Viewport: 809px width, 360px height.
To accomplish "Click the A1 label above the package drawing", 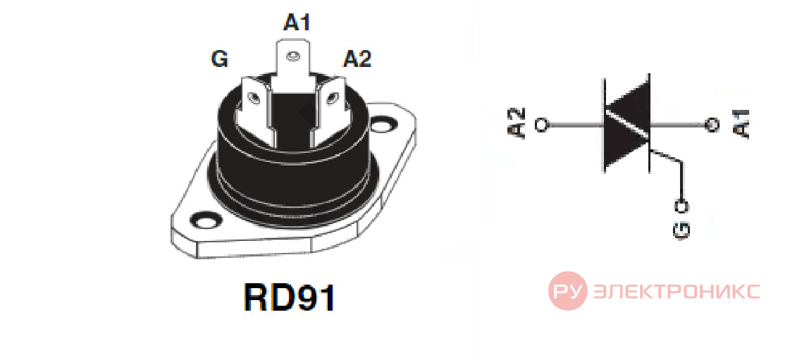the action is coord(296,22).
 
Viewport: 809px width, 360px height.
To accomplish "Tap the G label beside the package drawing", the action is coord(219,58).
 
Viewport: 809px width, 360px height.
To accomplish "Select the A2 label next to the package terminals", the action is coord(357,58).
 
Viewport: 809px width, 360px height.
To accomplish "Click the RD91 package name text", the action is coord(290,297).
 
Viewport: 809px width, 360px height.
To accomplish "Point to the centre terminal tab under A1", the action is coord(293,67).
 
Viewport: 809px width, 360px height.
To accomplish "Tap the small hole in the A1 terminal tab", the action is coord(293,55).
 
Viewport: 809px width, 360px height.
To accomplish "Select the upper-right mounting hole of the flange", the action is coord(383,125).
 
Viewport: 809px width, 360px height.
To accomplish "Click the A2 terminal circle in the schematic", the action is coord(542,125).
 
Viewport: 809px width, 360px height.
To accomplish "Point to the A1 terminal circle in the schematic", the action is coord(712,125).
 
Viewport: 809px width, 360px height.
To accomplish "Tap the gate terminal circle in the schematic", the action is coord(683,206).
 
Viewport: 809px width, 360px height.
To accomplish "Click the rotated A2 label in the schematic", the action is coord(518,123).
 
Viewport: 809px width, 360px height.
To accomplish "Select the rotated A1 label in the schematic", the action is coord(740,124).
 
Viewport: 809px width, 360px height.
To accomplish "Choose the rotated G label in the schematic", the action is coord(681,230).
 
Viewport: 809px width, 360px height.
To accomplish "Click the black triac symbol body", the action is coord(626,125).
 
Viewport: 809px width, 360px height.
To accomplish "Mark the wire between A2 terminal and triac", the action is coord(575,125).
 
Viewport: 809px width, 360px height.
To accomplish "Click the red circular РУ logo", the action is coord(567,291).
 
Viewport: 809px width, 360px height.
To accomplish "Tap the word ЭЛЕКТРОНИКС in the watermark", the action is coord(677,292).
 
